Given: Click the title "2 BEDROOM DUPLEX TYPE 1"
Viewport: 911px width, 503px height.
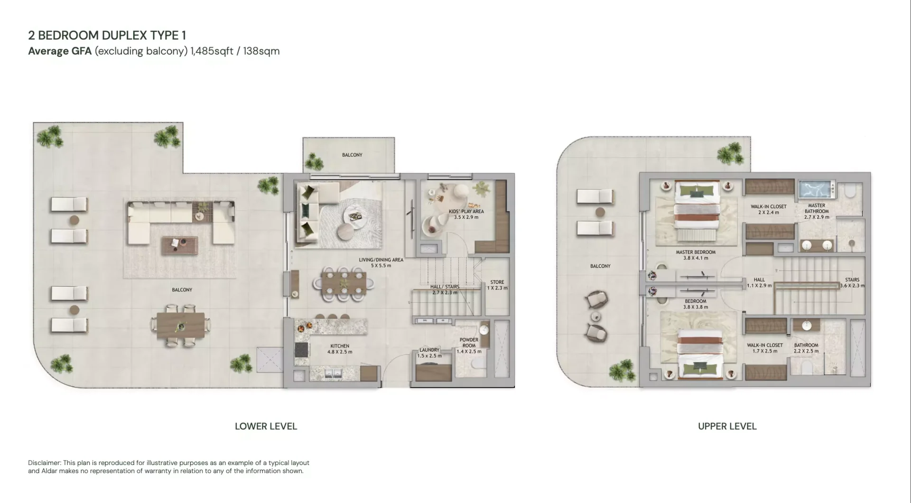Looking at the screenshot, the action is coord(107,36).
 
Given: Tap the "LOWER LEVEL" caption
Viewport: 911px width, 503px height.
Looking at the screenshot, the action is coord(266,426).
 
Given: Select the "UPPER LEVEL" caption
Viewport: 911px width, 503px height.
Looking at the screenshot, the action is coord(727,426).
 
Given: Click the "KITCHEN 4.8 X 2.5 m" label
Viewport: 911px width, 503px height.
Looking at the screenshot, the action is coord(340,349).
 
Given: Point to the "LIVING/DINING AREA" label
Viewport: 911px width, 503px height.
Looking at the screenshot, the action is coord(381,260).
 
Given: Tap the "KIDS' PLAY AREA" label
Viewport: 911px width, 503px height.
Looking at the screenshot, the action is coord(466,212).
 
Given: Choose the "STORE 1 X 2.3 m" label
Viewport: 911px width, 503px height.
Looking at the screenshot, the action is coord(497,285).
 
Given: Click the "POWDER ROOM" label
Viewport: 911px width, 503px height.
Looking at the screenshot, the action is coord(469,343).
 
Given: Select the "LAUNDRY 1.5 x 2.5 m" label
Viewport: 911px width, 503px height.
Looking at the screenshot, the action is coord(429,353).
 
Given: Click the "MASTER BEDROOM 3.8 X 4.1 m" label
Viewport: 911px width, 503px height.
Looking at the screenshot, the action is coord(696,255).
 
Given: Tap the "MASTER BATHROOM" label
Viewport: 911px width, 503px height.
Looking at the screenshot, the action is coord(817,208).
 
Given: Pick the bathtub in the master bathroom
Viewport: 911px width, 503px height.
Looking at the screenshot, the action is coord(817,189).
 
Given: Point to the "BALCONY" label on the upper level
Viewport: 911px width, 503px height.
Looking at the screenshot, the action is coord(600,266).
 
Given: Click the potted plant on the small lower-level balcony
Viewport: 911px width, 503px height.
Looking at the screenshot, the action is coord(314,161).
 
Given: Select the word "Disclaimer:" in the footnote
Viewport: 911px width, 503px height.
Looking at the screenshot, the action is coord(45,463).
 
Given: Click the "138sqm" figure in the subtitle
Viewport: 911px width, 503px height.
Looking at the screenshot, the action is coord(261,51).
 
